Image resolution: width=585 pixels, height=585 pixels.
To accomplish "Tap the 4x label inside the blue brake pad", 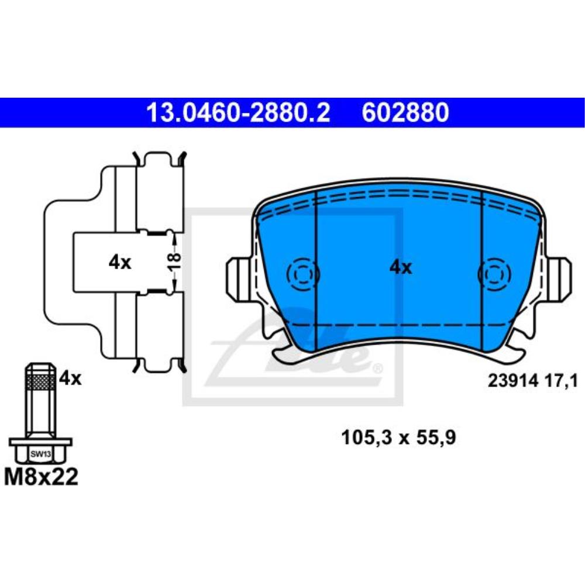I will click(401, 268).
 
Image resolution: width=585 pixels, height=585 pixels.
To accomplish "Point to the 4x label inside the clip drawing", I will click(120, 263).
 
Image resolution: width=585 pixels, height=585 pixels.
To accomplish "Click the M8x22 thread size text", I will click(41, 477).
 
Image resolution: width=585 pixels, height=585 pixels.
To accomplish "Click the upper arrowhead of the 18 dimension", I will click(175, 238).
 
